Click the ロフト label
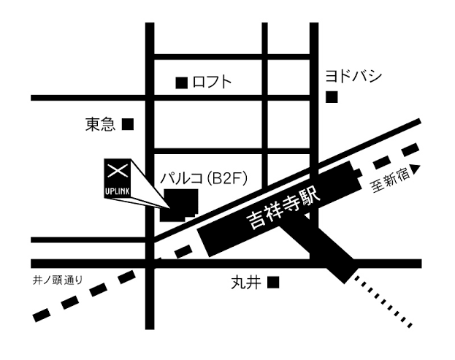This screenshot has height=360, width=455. pos(212,83)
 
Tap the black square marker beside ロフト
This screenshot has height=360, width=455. pos(181,83)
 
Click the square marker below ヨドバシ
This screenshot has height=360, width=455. pos(333,96)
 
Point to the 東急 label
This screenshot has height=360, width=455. pos(101,125)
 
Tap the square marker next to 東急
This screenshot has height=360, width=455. pos(129,124)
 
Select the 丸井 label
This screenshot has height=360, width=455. pos(241,282)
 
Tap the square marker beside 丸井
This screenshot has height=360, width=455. pos(273,281)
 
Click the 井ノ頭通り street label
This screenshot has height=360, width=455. pos(58,278)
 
